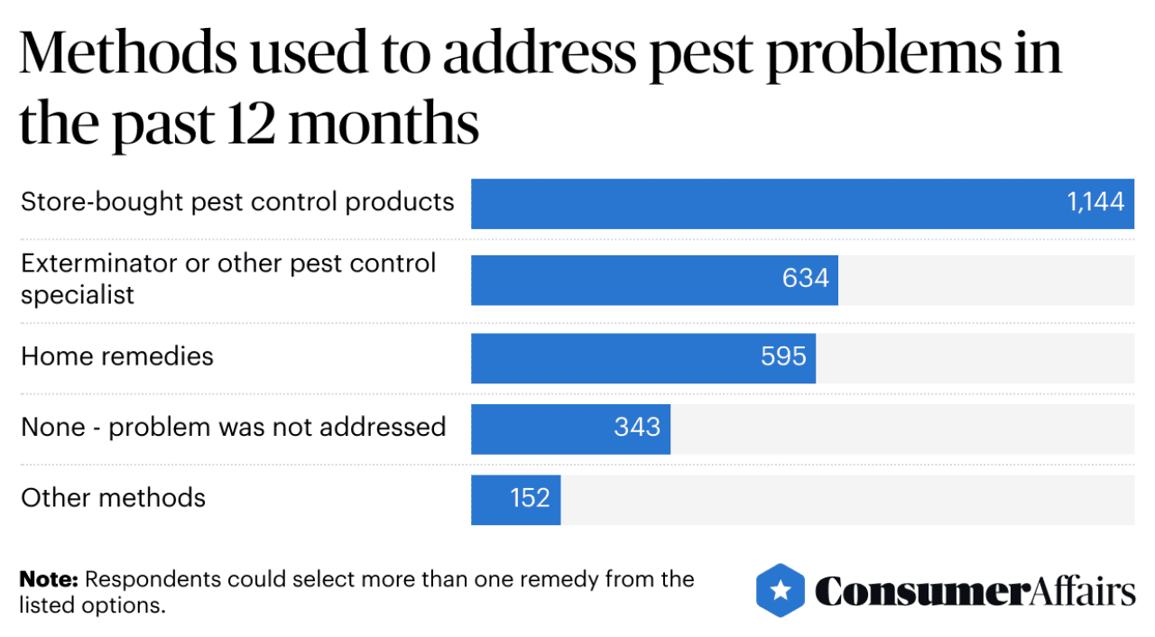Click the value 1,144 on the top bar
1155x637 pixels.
[1095, 202]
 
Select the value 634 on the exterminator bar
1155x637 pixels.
[805, 279]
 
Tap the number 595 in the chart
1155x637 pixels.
[783, 356]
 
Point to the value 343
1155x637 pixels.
[637, 427]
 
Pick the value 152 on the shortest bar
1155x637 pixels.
[529, 498]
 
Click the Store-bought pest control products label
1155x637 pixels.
[237, 201]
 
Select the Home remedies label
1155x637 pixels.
[117, 356]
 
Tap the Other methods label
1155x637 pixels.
[114, 498]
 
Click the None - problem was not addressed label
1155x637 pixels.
[234, 427]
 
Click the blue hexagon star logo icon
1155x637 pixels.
[781, 590]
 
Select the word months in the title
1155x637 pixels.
[383, 125]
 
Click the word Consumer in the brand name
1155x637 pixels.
[920, 592]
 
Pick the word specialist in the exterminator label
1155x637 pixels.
[78, 295]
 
